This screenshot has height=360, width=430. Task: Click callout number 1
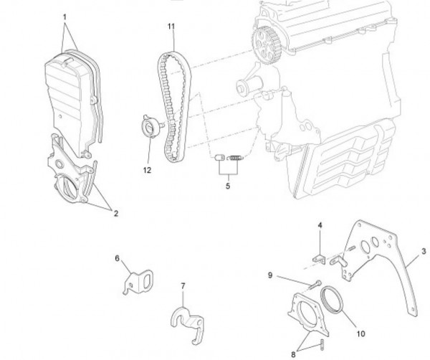pyautogui.click(x=64, y=16)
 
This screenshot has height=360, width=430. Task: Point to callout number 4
pyautogui.click(x=320, y=226)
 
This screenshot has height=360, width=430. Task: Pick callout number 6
pyautogui.click(x=118, y=257)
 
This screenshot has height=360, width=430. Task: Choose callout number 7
pyautogui.click(x=183, y=286)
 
